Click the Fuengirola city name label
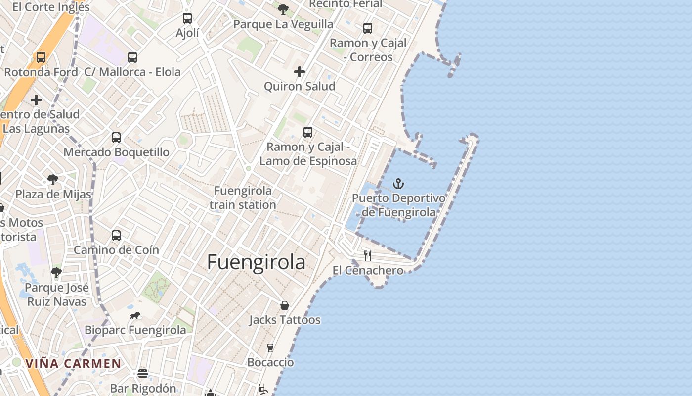pos(256,262)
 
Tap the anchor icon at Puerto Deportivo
pos(398,184)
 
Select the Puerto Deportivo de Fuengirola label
pos(398,205)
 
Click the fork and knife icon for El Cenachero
pos(368,255)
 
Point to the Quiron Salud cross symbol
pos(300,72)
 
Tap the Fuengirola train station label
pos(243,198)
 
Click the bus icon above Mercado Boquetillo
pos(116,138)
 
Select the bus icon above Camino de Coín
pos(116,236)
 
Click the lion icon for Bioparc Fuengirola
pos(135,315)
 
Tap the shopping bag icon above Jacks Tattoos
pos(285,305)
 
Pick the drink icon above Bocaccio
pos(270,348)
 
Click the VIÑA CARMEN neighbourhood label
pos(73,364)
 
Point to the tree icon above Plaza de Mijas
pos(53,179)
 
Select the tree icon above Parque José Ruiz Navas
pos(56,273)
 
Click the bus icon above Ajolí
pos(187,18)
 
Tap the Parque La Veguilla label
pos(283,24)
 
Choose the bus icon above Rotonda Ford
pos(41,57)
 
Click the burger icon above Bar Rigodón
pos(143,373)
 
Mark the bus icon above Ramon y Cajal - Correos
pos(368,28)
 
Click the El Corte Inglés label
pos(51,7)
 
